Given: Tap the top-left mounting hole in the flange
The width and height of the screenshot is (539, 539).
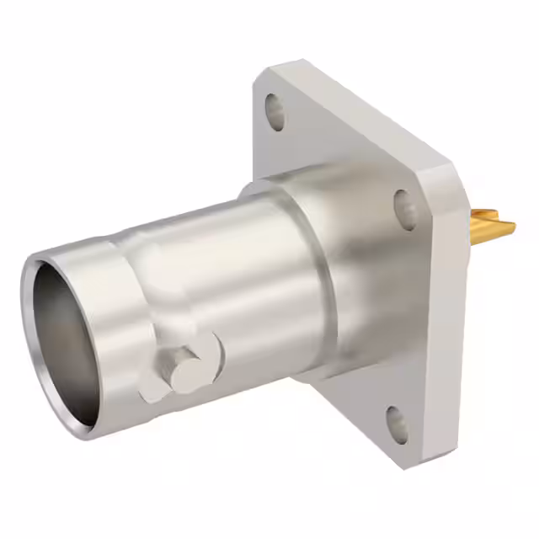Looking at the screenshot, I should [x=275, y=111].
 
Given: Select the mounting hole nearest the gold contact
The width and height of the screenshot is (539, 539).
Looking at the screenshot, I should [x=405, y=208].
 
